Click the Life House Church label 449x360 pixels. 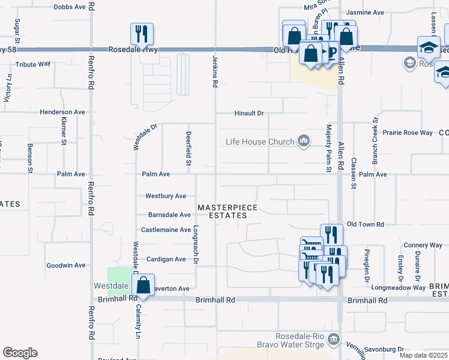point(260,142)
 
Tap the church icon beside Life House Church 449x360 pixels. point(304,141)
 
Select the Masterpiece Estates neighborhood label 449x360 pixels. point(228,211)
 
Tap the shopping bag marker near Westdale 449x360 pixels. point(144,285)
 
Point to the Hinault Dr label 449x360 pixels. point(249,113)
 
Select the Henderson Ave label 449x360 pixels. point(62,112)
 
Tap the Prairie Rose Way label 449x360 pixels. point(408,133)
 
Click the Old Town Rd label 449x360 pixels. point(365,224)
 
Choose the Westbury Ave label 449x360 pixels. point(166,196)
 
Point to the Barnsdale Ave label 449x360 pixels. point(169,214)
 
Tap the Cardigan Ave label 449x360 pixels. point(166,259)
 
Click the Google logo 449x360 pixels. point(20,353)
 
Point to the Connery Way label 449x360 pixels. point(423,245)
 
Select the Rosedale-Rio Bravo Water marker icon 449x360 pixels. point(334,340)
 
